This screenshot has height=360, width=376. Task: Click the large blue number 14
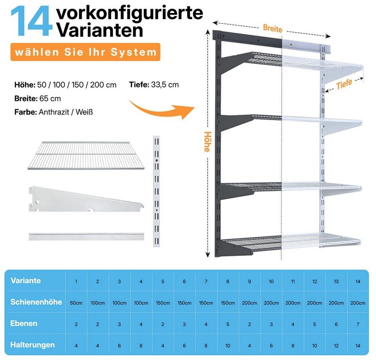pos(32,21)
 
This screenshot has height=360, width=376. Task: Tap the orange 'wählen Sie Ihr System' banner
pos(85,52)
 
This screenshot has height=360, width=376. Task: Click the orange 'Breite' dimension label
pos(273,28)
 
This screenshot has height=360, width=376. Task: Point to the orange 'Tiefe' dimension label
pos(344,84)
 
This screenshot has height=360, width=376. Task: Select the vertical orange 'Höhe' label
pos(207,142)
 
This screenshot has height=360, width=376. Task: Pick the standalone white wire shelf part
pos(86,155)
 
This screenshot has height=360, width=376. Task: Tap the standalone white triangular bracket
pos(86,199)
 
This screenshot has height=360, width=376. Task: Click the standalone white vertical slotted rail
pos(157,191)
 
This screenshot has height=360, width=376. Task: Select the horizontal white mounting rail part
pos(86,236)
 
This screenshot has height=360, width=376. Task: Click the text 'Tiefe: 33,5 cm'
pos(154,85)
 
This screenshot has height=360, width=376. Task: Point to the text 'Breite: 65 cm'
pos(38,99)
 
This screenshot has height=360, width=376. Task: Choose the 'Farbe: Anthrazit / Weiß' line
pos(54,112)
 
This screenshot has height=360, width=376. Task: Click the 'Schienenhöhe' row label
pos(36,302)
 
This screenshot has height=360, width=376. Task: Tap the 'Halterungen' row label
pos(32,345)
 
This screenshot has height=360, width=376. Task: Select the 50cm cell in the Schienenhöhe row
pos(76,303)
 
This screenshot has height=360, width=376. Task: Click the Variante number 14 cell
pos(358,282)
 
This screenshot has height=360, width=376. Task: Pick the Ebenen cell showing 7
pos(358,324)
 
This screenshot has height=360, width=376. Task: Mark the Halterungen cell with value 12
pos(336,346)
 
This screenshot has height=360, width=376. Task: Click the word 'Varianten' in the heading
pos(100,30)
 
